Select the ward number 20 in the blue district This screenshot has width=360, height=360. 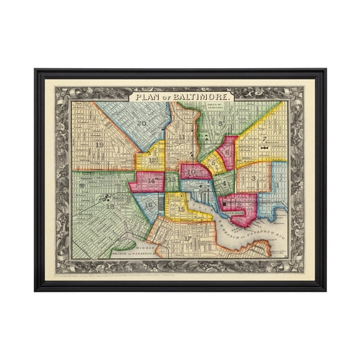(142, 123)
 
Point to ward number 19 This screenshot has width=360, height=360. (100, 145)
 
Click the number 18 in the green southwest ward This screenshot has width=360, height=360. (111, 205)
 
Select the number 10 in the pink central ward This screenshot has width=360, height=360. (192, 171)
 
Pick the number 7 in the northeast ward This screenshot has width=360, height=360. (264, 139)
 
